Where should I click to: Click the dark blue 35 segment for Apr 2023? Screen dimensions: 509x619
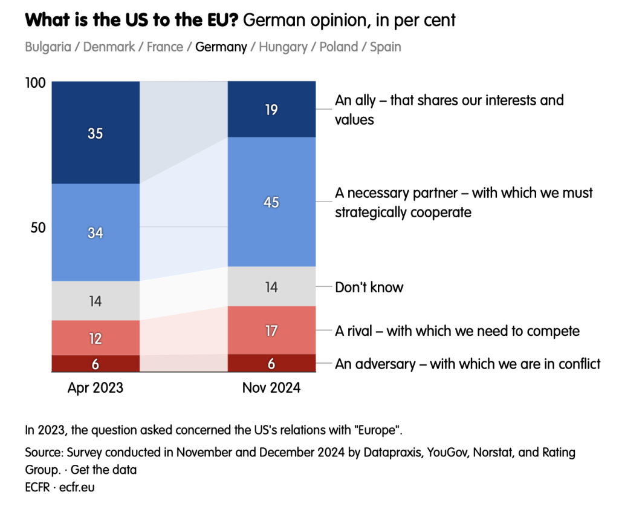coord(96,133)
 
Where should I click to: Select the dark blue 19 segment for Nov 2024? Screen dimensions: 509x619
coord(271,110)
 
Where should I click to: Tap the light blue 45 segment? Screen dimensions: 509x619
coord(271,202)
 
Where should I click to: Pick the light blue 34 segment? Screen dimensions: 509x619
coord(96,232)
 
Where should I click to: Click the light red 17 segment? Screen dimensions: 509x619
coord(271,330)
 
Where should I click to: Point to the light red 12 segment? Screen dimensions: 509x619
coord(96,338)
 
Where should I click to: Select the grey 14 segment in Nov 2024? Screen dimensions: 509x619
coord(271,287)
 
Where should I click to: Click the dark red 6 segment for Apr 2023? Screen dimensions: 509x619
coord(96,363)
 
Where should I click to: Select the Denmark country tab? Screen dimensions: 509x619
coord(109,47)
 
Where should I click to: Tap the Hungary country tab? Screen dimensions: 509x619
coord(282,47)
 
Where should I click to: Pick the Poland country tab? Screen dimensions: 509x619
coord(339,47)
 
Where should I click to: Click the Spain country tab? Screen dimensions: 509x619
coord(386,47)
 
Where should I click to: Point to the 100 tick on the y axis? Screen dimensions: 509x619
coord(36,83)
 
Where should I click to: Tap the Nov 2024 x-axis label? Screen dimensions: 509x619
coord(271,388)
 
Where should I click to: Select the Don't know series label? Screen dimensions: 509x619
coord(369,287)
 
